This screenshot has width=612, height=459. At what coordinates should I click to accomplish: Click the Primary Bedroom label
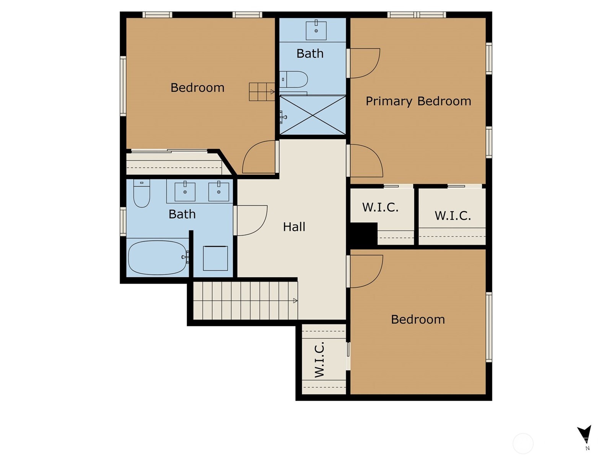(418, 101)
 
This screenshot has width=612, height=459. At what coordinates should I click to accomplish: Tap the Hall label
(294, 227)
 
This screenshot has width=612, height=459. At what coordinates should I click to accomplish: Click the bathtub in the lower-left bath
(158, 258)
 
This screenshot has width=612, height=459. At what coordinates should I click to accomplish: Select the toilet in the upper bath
(293, 80)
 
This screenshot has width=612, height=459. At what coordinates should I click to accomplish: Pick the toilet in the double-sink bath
(142, 193)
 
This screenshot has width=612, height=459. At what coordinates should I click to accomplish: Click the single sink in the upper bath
(316, 30)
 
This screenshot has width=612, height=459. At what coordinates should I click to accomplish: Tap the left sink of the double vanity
(185, 192)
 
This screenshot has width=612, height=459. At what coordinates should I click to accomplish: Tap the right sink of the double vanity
(219, 192)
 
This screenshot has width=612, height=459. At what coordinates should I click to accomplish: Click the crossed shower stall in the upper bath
(313, 115)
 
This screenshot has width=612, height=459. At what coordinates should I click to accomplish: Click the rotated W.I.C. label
(319, 360)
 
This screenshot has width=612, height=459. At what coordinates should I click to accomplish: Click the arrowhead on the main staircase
(295, 301)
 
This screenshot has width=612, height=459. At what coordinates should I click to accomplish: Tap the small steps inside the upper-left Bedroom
(262, 92)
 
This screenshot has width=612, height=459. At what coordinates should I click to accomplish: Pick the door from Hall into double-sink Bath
(251, 220)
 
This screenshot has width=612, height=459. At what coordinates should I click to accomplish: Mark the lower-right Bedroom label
(418, 319)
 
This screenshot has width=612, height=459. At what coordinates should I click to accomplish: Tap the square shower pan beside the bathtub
(215, 258)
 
